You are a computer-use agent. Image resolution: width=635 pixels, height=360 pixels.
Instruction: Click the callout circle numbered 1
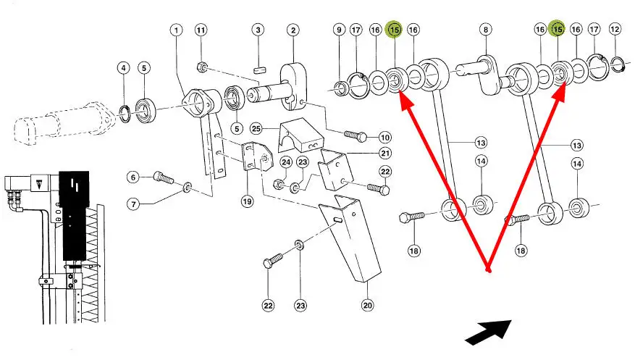tap(177, 30)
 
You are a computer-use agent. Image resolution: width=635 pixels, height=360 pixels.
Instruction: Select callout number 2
tap(293, 30)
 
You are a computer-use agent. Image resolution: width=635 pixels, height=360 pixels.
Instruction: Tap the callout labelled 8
tap(485, 30)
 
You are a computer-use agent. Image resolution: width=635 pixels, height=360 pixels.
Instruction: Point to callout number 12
tap(615, 30)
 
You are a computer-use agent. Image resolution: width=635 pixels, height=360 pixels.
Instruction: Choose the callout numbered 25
tap(256, 129)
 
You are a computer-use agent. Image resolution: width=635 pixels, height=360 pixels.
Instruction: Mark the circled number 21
tap(384, 152)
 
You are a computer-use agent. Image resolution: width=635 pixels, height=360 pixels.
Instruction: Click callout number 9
tap(339, 30)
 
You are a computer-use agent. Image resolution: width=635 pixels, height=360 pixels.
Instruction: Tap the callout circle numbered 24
tap(285, 162)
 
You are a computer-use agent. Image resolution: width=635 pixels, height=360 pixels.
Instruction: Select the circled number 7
tap(133, 204)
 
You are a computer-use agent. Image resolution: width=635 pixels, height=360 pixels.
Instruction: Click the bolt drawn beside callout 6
tap(163, 176)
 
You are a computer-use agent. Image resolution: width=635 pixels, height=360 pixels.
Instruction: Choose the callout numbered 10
tap(384, 138)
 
